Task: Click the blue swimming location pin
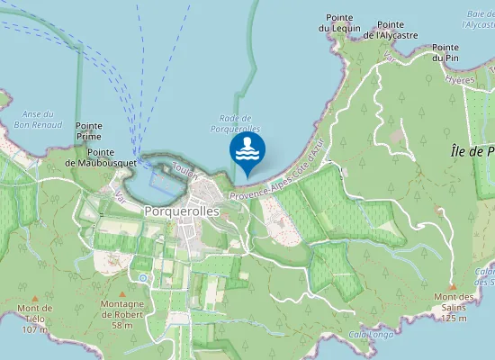point(247,152)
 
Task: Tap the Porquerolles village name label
point(182,211)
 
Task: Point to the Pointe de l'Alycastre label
point(397,30)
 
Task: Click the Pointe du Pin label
point(445,52)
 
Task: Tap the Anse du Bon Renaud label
point(36,119)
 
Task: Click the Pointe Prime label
point(89,131)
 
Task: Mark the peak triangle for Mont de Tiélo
point(35,297)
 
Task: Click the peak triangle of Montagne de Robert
point(122,292)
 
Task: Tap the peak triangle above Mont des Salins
point(453,286)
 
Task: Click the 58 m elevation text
point(122,325)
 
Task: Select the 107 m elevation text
point(34,329)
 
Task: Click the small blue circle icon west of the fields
point(142,278)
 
